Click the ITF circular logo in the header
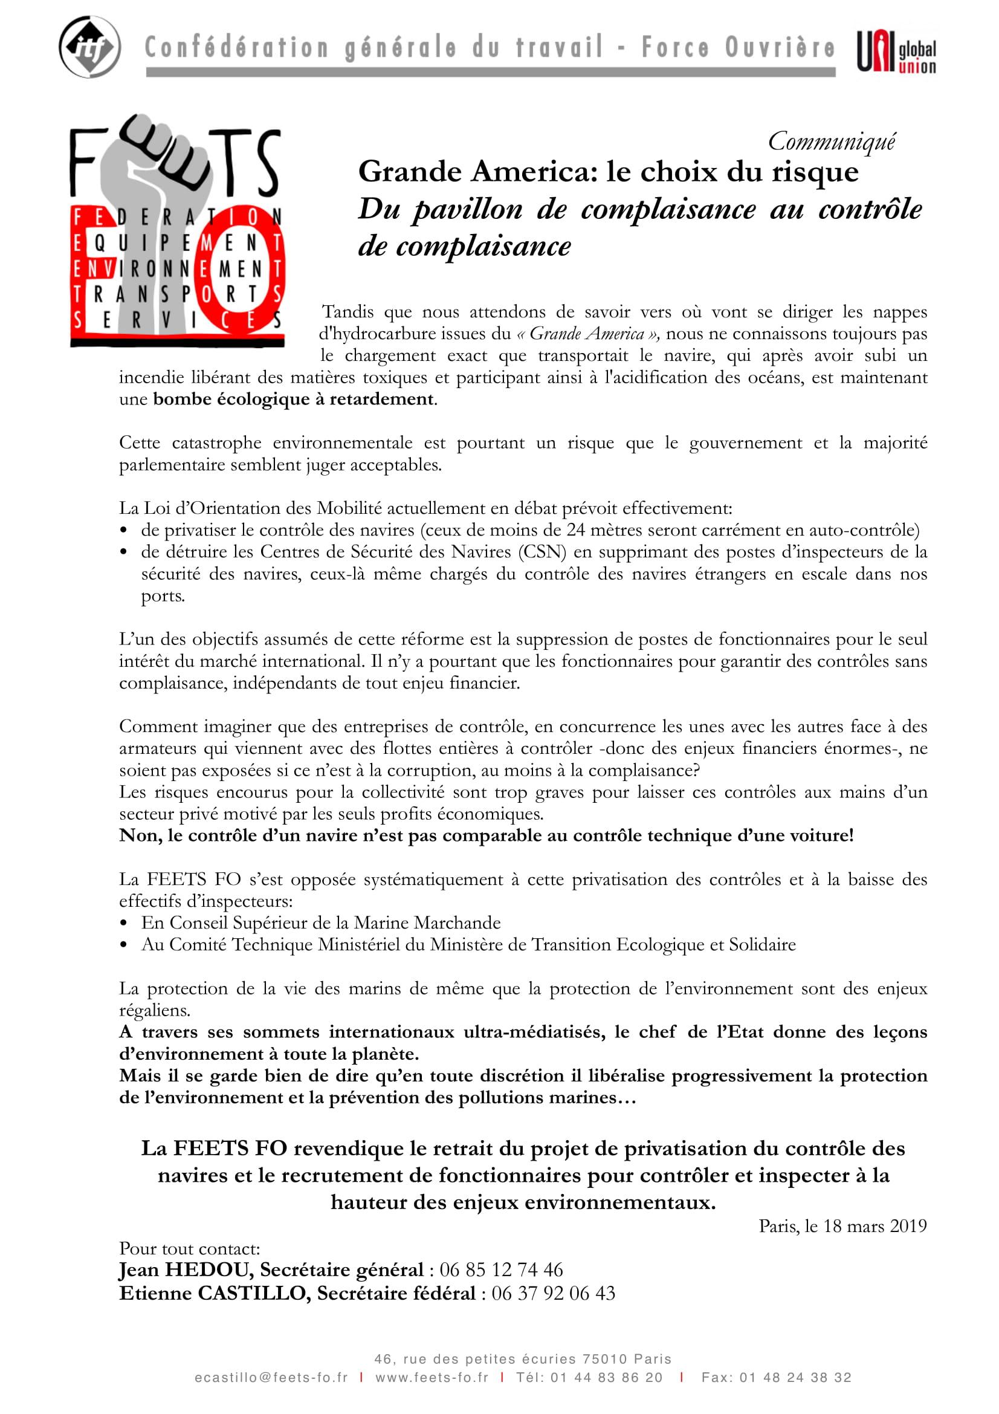click(x=89, y=47)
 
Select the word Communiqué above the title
click(x=832, y=141)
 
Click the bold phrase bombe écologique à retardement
click(x=294, y=399)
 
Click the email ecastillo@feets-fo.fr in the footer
click(x=271, y=1378)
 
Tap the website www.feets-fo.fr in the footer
click(x=432, y=1378)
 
